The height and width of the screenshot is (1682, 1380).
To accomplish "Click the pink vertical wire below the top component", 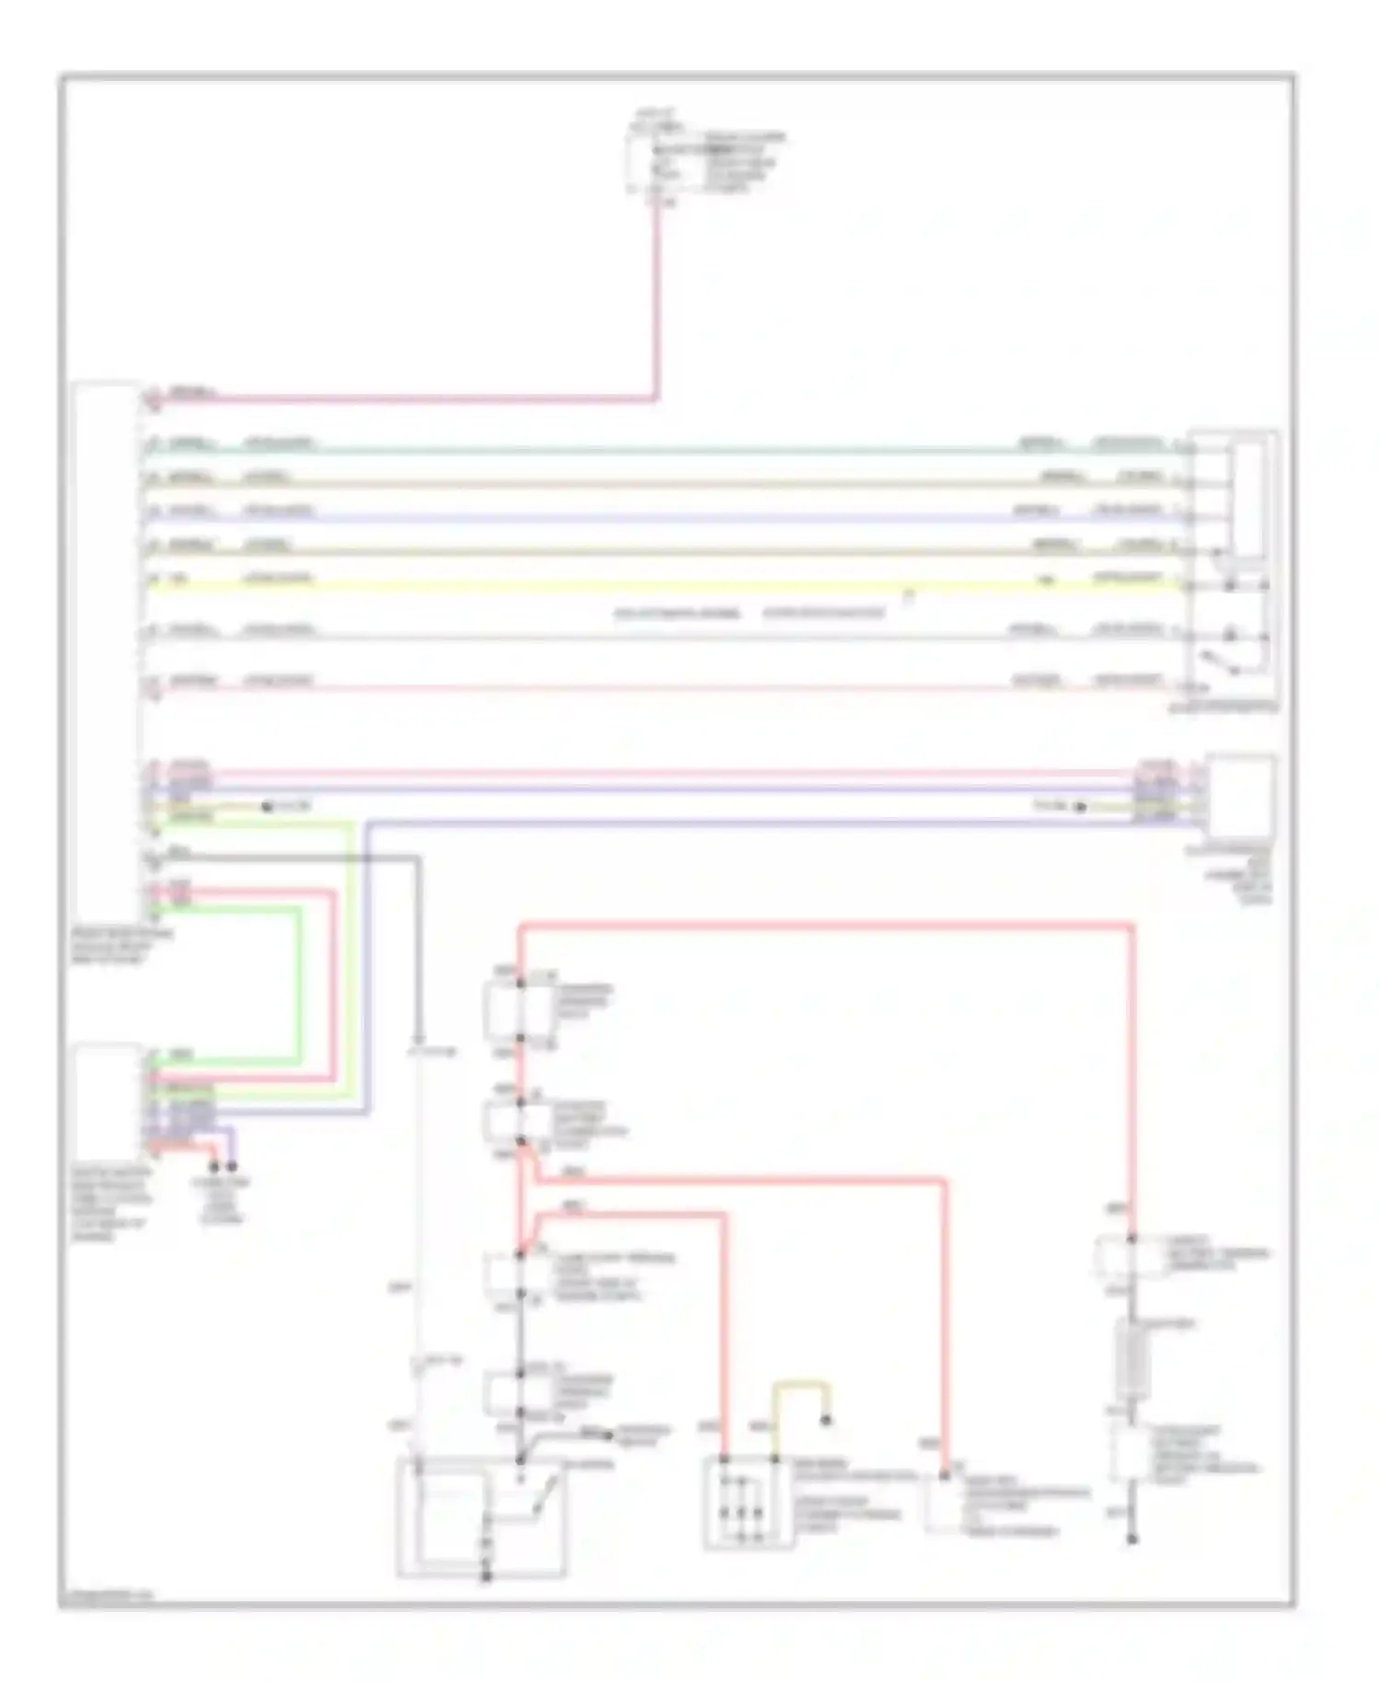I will pos(657,304).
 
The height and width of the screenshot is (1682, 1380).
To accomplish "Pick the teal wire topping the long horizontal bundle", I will pos(644,451).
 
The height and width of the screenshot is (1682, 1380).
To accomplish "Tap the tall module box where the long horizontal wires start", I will pos(106,644).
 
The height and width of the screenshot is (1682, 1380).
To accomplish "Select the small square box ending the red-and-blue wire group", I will pos(1240,796).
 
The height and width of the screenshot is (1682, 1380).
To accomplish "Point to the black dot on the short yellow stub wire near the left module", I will pos(267,807).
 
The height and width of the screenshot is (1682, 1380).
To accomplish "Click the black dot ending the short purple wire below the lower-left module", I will pos(232,1167).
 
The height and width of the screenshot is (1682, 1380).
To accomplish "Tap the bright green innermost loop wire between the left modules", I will pos(300,985).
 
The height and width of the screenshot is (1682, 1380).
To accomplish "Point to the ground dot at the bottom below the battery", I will pos(1133,1539).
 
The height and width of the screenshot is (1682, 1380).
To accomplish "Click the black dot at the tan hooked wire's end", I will pos(826,1421).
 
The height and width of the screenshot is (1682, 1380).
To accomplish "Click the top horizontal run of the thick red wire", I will pos(828,925).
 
